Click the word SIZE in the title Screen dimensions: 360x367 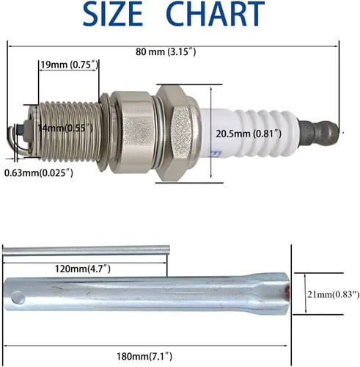(113, 13)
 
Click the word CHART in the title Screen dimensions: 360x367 (216, 13)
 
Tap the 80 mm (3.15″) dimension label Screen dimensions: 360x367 (166, 52)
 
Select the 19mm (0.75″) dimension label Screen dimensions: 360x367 (69, 65)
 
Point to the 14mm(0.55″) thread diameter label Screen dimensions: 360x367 (65, 128)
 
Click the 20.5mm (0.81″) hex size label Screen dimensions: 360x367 (249, 134)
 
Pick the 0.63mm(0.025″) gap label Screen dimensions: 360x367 (39, 173)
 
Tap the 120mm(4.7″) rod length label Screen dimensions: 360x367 (83, 269)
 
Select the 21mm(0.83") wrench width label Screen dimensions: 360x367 (334, 294)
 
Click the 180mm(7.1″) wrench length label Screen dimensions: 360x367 (144, 356)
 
